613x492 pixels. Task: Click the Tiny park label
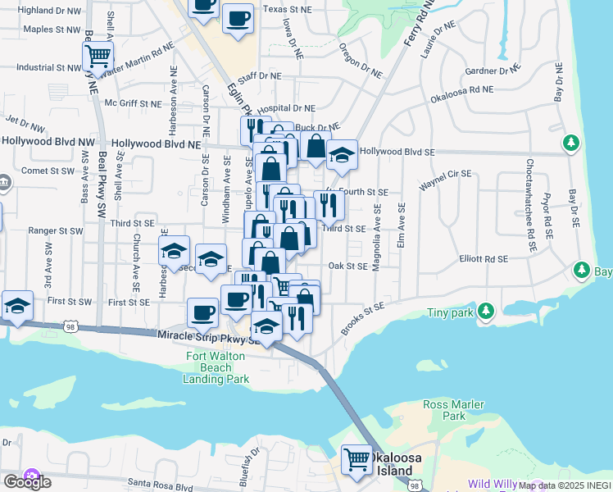point(450,313)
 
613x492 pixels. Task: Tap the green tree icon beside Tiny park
point(486,311)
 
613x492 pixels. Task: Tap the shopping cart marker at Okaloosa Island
point(356,459)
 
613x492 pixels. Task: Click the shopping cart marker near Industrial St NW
point(98,57)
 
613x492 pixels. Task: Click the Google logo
point(28,481)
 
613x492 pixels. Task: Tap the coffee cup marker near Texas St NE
point(238,19)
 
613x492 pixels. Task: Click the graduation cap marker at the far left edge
point(17,305)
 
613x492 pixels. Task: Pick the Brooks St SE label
point(362,318)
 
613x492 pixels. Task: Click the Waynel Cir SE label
point(445,180)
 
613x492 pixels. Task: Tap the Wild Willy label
point(497,485)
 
